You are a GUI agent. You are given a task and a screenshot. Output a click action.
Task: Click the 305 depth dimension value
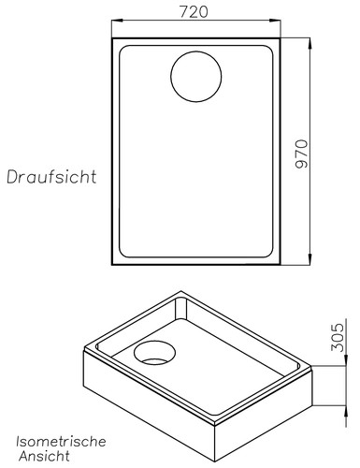(x=338, y=331)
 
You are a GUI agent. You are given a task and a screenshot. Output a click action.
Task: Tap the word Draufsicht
(x=52, y=176)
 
